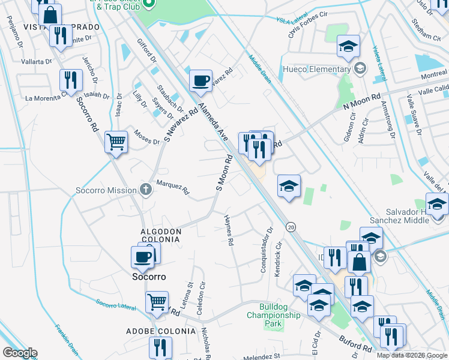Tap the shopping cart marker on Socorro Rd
[116, 143]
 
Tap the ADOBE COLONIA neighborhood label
[160, 331]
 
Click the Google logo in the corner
[19, 353]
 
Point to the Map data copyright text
[412, 355]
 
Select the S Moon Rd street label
[224, 173]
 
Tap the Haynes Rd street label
[228, 230]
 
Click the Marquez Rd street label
[173, 188]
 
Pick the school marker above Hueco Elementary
[348, 47]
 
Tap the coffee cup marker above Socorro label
[143, 256]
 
